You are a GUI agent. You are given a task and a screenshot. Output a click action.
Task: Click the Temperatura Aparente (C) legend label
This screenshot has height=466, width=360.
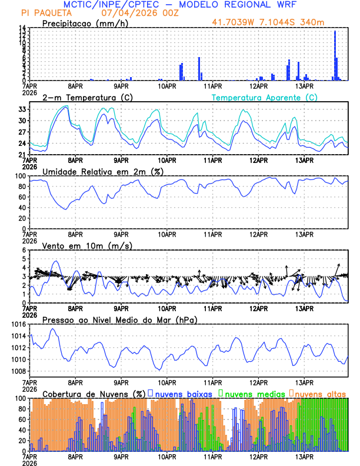(x=261, y=98)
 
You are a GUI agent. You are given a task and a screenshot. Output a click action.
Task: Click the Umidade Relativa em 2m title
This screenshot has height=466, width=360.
(x=103, y=171)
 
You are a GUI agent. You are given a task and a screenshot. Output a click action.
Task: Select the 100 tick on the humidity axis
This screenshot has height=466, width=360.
(x=20, y=176)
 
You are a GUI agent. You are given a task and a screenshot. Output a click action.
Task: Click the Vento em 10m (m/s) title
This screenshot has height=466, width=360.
(x=87, y=245)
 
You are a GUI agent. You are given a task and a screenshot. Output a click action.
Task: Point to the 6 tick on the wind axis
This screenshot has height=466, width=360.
(x=24, y=250)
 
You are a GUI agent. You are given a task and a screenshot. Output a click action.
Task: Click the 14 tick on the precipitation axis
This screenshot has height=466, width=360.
(x=21, y=28)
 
